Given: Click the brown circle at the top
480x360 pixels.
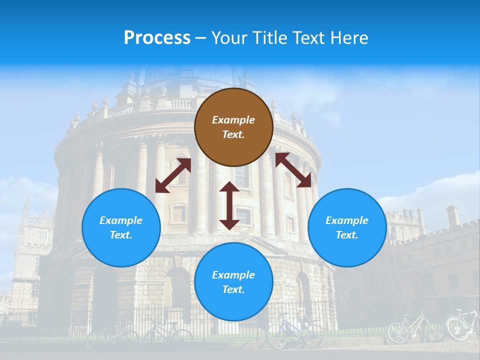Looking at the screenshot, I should coord(233,127).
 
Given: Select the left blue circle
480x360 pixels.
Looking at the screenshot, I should coord(121,227).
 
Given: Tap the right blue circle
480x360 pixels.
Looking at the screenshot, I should coord(347,227).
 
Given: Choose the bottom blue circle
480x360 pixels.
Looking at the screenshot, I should coord(233,281).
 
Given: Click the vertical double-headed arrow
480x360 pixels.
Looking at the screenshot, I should coord(229,205).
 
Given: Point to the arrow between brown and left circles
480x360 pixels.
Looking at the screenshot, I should coord(173,175).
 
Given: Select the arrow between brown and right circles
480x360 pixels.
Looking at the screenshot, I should coord(293,169).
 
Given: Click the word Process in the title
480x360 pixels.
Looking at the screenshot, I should coord(157,38).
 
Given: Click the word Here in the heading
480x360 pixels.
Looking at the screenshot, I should coord(350,38).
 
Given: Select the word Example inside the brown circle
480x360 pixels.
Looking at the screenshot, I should coord(233,120).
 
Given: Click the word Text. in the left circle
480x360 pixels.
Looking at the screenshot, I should coord(121,235).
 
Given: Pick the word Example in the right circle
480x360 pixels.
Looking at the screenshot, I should coord(347,220).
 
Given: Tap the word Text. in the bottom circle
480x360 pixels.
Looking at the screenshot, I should coord(233,289).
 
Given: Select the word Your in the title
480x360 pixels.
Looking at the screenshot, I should coord(227,38).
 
